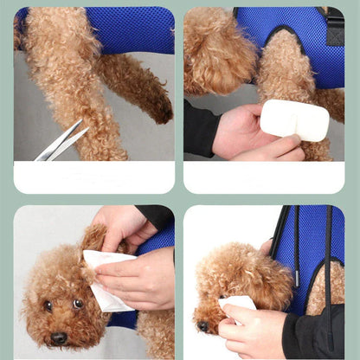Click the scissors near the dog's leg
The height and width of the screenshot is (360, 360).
pos(61,141)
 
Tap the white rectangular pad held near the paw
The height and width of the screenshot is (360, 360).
pos(294,119)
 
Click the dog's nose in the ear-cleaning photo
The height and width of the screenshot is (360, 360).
pos(58,337)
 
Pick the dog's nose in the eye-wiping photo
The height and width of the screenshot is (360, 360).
pos(202,326)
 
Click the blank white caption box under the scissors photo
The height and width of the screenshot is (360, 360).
pos(93,177)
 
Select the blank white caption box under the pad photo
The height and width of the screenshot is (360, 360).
pos(263,177)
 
